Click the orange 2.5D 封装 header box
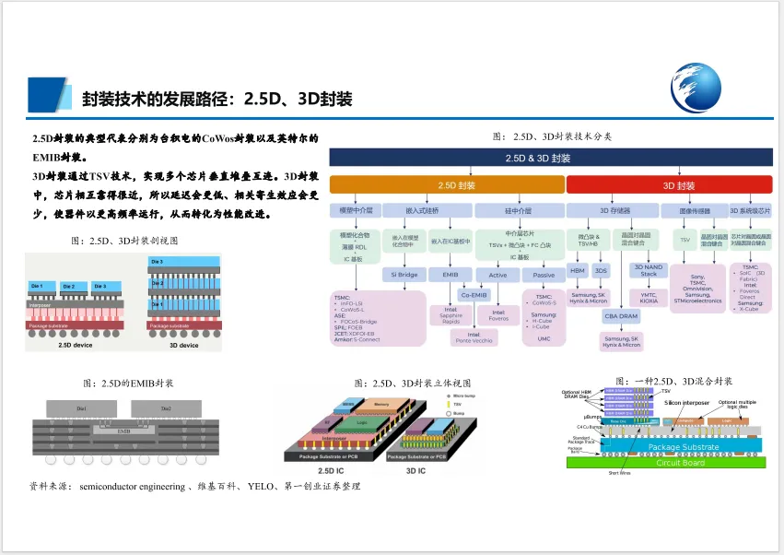[x=447, y=185]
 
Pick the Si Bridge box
[x=405, y=275]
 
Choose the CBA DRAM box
[x=622, y=315]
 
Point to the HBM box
[x=578, y=271]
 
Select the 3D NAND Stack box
[x=649, y=270]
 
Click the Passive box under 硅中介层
[x=544, y=275]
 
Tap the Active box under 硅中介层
[x=497, y=275]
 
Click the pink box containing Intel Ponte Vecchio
[x=474, y=337]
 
